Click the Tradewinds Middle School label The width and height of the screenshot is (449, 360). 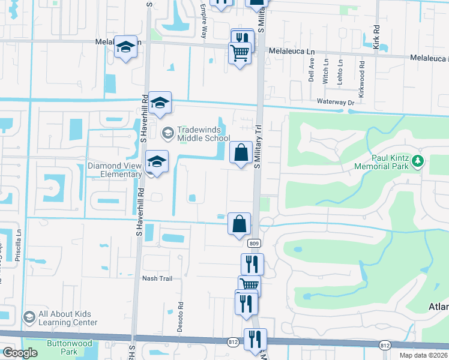coord(203,134)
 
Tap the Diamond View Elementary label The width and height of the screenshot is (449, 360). coord(115,170)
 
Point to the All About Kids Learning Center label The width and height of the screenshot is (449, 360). coord(67,318)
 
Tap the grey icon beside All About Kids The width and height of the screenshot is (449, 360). coord(29,317)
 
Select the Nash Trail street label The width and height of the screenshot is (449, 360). coord(157,278)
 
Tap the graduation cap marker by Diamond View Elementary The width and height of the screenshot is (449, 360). coord(157,162)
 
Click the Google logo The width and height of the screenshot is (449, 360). coord(20,353)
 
